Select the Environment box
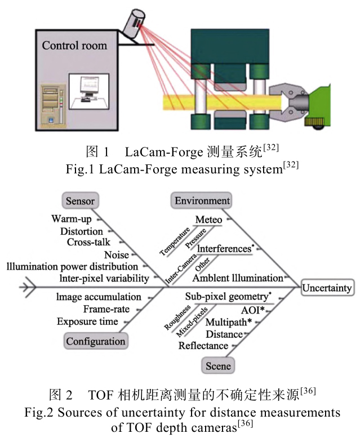pyautogui.click(x=202, y=201)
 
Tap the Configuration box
pyautogui.click(x=96, y=341)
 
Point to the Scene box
pyautogui.click(x=217, y=367)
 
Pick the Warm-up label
pyautogui.click(x=72, y=218)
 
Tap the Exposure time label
pyautogui.click(x=88, y=321)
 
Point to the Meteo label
pyautogui.click(x=208, y=220)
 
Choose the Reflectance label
pyautogui.click(x=203, y=346)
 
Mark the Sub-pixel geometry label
pyautogui.click(x=224, y=296)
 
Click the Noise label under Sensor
pyautogui.click(x=117, y=254)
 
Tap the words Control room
pyautogui.click(x=74, y=45)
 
